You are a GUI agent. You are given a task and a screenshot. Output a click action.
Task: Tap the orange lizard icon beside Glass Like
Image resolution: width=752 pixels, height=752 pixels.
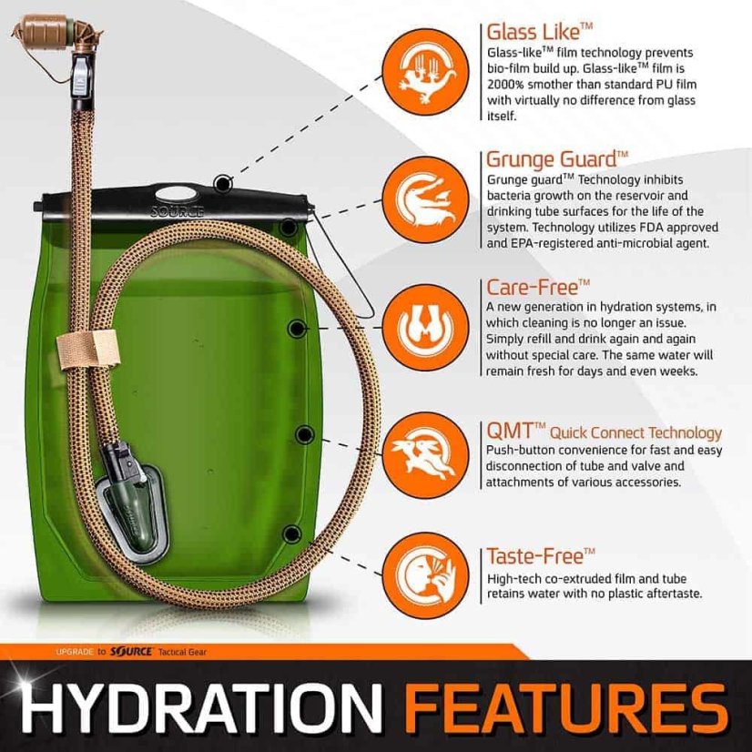(422, 66)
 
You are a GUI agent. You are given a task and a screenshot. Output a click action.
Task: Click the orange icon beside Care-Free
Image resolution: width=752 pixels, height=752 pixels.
(422, 326)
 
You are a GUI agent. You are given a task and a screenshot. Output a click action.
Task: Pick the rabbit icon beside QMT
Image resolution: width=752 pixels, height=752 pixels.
(422, 451)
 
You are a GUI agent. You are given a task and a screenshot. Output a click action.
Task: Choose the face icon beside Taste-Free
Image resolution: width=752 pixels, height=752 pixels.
(422, 574)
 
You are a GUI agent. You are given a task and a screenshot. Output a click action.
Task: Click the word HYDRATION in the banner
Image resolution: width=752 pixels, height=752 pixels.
(196, 707)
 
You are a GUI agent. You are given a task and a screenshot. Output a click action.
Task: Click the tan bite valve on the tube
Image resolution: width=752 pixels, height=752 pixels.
(46, 27)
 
